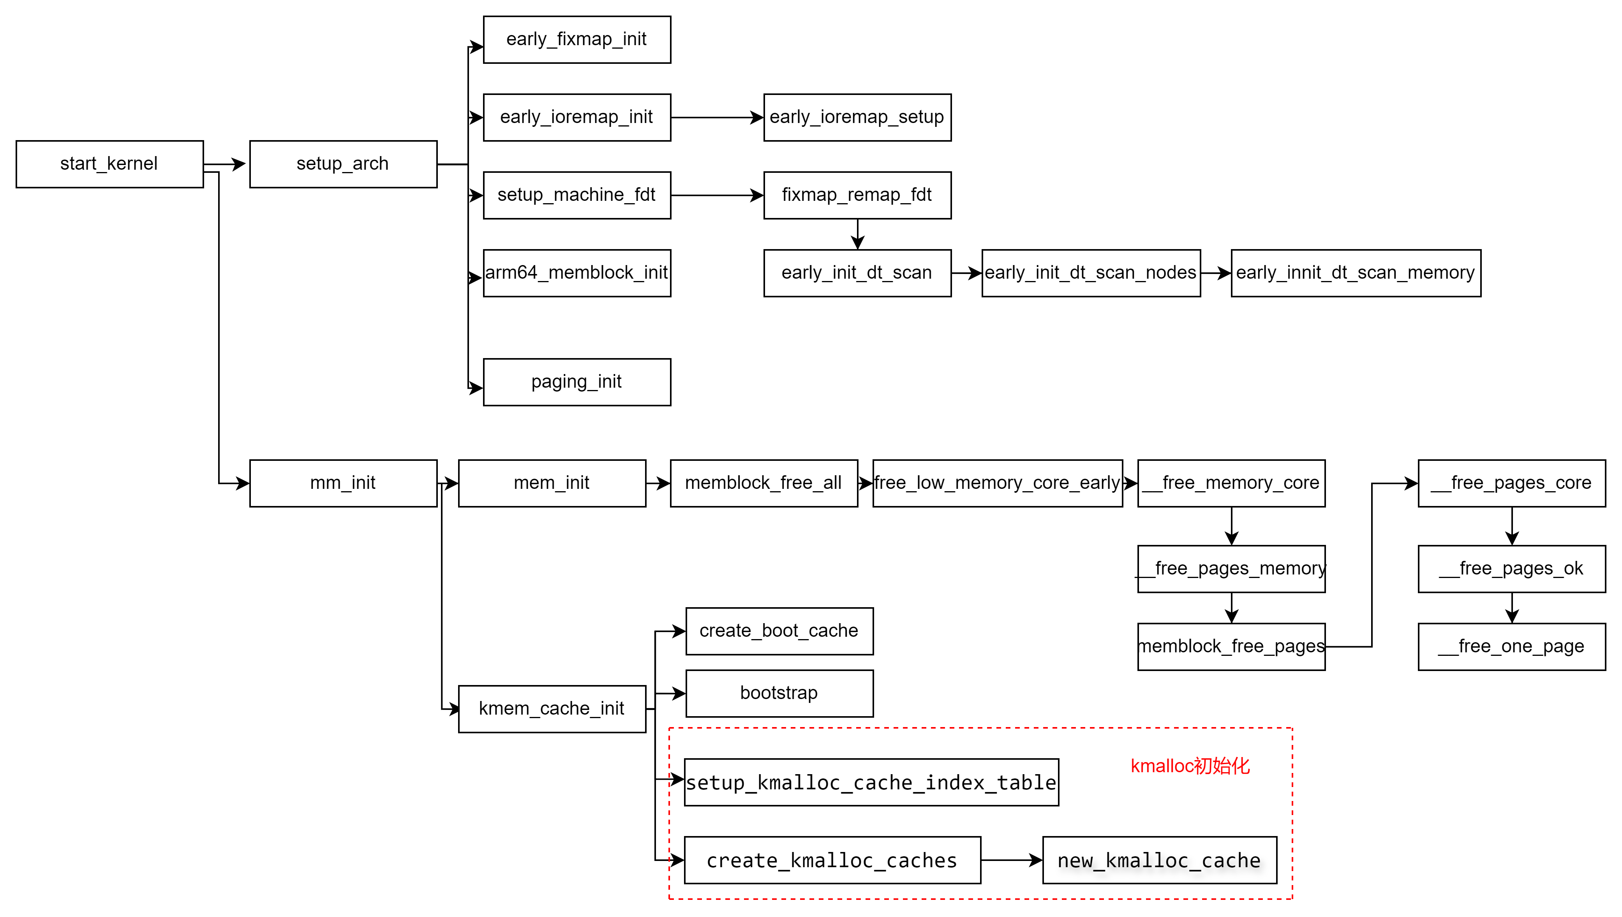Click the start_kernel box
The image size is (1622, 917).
coord(109,164)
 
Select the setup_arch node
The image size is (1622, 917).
coord(343,164)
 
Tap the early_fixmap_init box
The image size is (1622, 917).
coord(577,39)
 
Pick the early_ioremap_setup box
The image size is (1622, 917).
coord(857,117)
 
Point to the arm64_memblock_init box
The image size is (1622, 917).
coord(577,273)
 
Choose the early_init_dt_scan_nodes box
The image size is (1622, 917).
coord(1091,273)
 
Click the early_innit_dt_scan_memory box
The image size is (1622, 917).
coord(1356,273)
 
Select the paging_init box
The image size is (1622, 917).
coord(577,382)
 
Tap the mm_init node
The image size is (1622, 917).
coord(343,483)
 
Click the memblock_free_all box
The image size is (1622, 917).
coord(764,483)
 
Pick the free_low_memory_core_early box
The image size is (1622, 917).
coord(998,483)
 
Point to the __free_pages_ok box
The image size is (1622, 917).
coord(1511,569)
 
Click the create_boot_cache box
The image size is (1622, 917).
coord(779,631)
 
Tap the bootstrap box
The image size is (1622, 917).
coord(779,693)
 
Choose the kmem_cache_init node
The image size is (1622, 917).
coord(552,708)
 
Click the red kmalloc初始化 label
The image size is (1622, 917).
coord(1190,766)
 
